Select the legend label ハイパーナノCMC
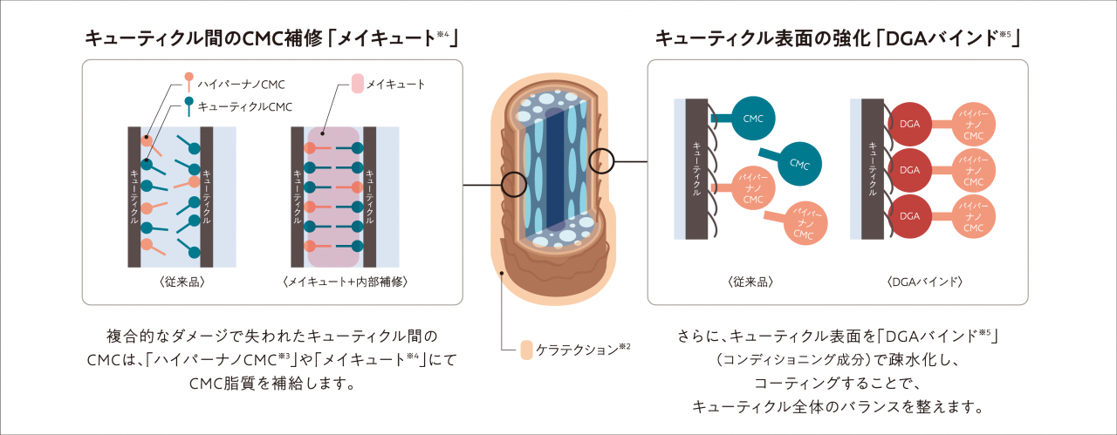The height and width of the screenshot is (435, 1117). (x=241, y=84)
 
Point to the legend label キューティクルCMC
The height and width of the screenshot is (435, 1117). (x=245, y=106)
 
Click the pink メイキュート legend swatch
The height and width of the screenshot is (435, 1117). (x=357, y=85)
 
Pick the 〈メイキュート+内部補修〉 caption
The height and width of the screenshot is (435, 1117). (x=346, y=282)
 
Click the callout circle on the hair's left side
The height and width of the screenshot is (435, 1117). (x=515, y=184)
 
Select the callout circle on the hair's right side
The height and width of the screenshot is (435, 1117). (x=602, y=160)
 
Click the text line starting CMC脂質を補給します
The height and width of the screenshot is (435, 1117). (x=271, y=383)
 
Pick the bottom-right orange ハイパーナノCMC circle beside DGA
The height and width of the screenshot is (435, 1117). (x=974, y=216)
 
